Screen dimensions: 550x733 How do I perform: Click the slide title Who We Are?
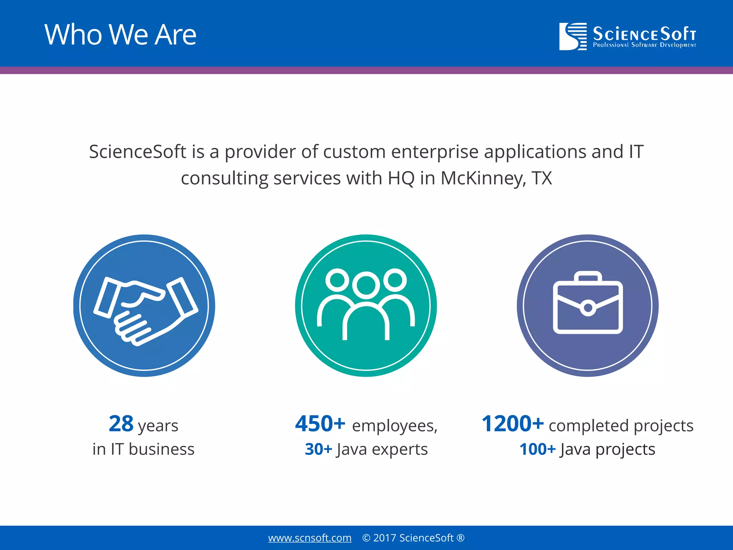(x=120, y=35)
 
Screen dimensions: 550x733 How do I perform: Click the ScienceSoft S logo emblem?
(x=573, y=36)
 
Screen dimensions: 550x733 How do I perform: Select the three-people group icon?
(x=366, y=304)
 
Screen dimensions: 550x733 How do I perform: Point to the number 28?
(x=121, y=424)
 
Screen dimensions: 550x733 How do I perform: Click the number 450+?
(x=320, y=424)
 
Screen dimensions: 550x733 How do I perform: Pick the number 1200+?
(x=513, y=424)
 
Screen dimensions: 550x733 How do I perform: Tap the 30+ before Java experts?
(x=318, y=449)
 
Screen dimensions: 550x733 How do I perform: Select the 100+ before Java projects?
(x=537, y=449)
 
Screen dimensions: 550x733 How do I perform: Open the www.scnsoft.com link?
(x=310, y=538)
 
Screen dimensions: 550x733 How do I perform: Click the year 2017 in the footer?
(x=384, y=538)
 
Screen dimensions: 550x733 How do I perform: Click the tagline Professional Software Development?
(x=644, y=45)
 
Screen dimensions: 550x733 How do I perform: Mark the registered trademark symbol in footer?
(x=461, y=538)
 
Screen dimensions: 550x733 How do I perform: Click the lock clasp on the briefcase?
(x=588, y=308)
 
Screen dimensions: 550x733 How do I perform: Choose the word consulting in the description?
(x=224, y=178)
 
